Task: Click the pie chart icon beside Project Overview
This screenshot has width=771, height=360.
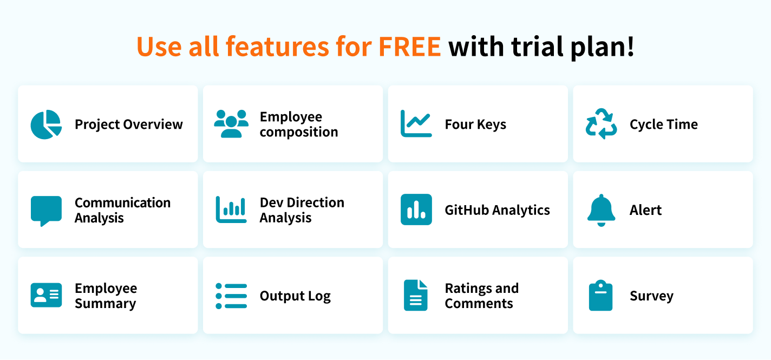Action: point(46,125)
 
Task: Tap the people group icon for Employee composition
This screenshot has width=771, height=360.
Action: point(231,124)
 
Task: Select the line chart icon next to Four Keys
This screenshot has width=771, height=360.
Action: point(416,123)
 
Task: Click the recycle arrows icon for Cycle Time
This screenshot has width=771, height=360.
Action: point(601,123)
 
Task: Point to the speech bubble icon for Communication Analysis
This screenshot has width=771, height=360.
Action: point(46,210)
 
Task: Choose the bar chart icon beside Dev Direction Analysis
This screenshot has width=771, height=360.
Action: point(231,210)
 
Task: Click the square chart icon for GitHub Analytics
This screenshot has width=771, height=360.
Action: point(416,210)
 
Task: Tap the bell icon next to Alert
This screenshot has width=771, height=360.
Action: point(601,210)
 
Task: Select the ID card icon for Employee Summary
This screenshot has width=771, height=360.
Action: point(46,295)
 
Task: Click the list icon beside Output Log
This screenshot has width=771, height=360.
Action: point(231,296)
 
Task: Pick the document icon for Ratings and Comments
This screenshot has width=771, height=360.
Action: point(415,295)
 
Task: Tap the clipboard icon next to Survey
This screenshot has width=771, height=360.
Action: point(600,295)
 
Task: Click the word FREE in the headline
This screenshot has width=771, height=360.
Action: point(409,47)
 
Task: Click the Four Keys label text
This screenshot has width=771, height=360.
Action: point(475,125)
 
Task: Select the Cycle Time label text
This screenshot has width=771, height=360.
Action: point(664,125)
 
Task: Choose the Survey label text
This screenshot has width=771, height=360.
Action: point(651,296)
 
